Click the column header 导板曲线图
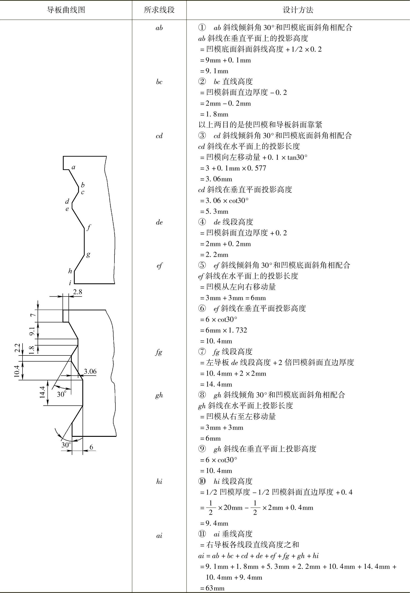click(x=66, y=10)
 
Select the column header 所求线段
click(x=159, y=10)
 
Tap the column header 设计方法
click(x=298, y=10)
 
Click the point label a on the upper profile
click(x=73, y=167)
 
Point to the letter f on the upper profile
click(x=89, y=227)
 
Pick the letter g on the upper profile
click(x=88, y=254)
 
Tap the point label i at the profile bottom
click(x=70, y=283)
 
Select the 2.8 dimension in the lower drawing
click(x=77, y=292)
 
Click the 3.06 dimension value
click(x=90, y=371)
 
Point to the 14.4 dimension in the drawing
click(x=42, y=392)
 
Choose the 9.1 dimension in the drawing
click(x=32, y=331)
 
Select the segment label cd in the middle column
click(x=159, y=136)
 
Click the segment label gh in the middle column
click(x=159, y=395)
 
